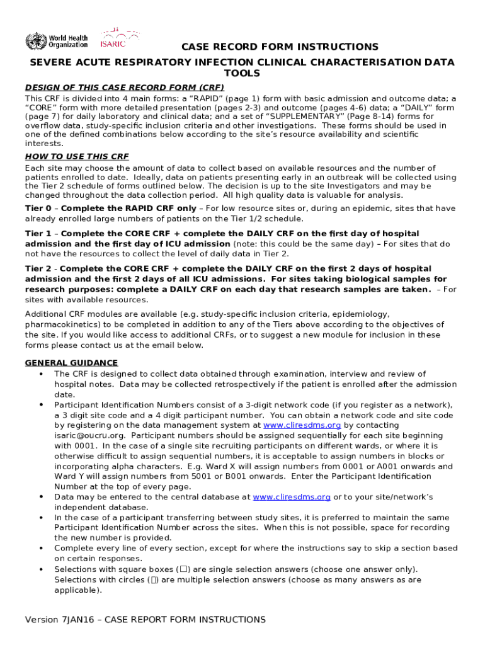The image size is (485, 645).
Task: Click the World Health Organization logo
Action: point(56,40)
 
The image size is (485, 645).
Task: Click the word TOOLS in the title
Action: point(243,74)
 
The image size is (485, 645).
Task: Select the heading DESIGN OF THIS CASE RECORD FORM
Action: point(125,87)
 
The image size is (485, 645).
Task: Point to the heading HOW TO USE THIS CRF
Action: point(77,156)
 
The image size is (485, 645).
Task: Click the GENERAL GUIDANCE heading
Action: point(71,363)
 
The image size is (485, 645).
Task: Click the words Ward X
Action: point(222,467)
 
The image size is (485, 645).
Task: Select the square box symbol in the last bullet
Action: point(183,569)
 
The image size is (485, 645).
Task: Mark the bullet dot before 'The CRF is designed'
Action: point(41,374)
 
